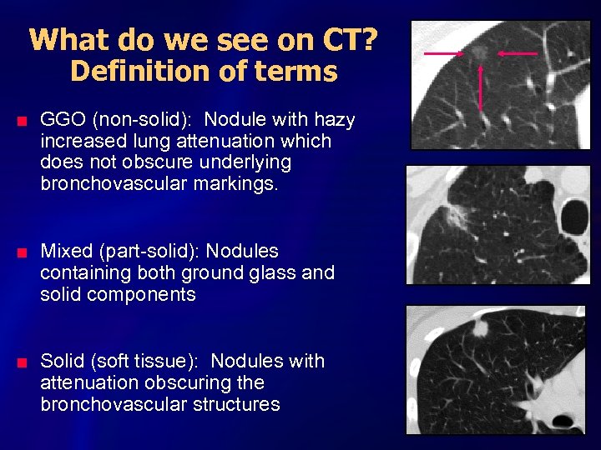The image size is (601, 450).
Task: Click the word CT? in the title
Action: (x=348, y=39)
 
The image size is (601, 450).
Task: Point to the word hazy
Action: (x=332, y=120)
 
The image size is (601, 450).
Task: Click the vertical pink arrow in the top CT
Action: (x=481, y=87)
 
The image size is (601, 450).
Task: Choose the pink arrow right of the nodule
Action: (x=517, y=54)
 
